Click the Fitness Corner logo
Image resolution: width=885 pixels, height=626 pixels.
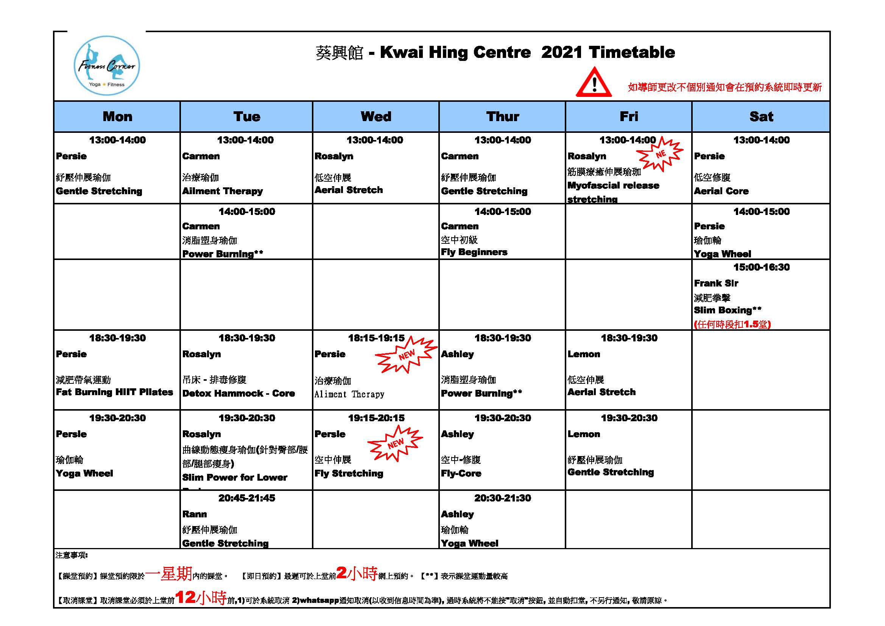pos(107,66)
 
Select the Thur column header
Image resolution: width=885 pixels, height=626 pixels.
pos(502,117)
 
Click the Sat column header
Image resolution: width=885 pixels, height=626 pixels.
pos(761,117)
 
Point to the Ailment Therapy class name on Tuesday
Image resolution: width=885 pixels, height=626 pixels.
pos(223,191)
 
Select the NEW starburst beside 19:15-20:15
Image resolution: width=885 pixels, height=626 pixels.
pos(395,443)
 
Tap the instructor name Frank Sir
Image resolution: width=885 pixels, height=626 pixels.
pos(716,283)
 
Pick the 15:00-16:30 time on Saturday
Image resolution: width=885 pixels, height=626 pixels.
pos(761,267)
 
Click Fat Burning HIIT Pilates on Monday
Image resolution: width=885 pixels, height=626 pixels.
pos(114,392)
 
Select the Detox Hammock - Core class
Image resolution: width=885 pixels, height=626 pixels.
pos(238,393)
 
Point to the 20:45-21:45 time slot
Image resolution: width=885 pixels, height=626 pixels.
pos(247,498)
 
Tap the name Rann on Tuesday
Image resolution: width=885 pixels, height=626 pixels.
pos(194,514)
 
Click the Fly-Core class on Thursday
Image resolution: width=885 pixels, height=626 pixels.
pos(461,473)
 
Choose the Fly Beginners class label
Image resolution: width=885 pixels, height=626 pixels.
pos(474,252)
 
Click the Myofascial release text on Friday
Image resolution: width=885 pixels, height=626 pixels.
pos(613,185)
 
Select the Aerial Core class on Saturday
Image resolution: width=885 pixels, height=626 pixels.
pos(721,191)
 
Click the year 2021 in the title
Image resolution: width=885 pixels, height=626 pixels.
pos(562,53)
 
